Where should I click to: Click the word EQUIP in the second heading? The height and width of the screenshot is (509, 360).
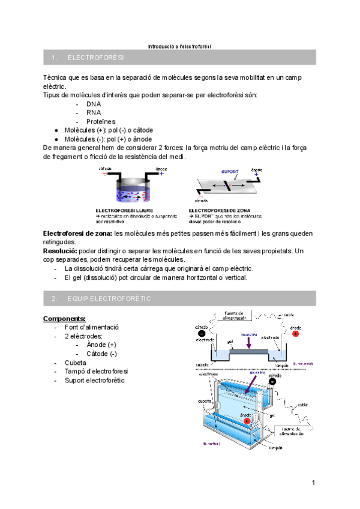click(78, 298)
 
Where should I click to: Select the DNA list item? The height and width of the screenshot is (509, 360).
click(93, 104)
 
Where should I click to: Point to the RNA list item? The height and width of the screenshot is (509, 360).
click(93, 112)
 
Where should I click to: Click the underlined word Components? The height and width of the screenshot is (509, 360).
click(65, 318)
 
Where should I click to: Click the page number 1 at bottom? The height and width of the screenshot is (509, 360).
click(313, 483)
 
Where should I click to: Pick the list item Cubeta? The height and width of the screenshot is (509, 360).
click(76, 363)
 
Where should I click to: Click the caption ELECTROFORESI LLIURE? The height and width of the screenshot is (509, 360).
click(121, 211)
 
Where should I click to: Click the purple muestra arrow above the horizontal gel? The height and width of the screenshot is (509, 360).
click(248, 342)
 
